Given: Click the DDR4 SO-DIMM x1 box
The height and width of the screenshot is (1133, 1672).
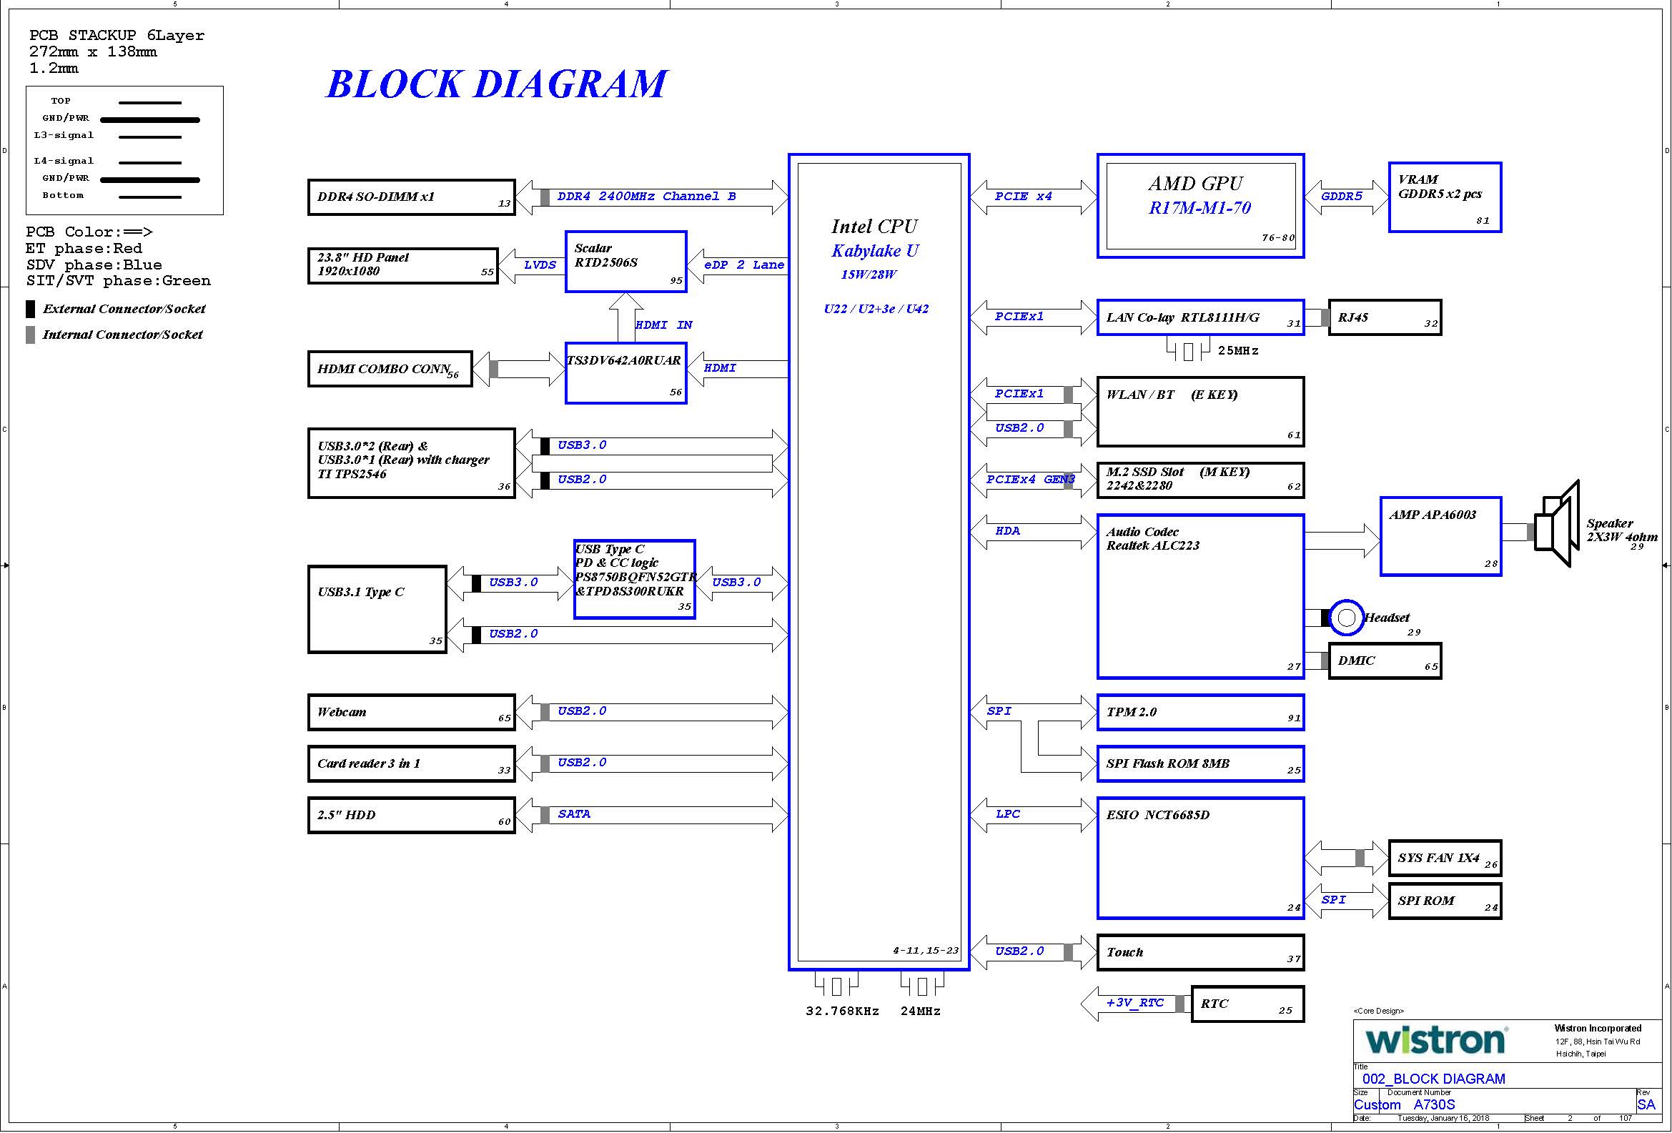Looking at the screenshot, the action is (x=412, y=197).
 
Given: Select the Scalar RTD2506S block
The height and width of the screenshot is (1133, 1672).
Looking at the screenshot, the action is (x=626, y=262).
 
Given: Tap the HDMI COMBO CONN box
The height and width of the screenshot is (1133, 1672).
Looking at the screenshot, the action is (x=390, y=369).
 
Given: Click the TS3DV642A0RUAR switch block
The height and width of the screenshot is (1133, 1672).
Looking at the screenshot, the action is (x=626, y=373).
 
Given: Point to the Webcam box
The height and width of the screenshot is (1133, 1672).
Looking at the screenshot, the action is (x=412, y=712).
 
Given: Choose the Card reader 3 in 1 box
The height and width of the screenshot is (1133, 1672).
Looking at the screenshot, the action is (x=412, y=763).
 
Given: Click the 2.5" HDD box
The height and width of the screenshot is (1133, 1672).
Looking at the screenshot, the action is (x=412, y=815).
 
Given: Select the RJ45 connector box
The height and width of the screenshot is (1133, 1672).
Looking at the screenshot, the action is (x=1385, y=317).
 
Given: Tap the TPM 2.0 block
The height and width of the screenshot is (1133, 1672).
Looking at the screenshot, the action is (x=1201, y=712).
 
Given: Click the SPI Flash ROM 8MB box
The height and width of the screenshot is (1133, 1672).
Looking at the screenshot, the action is (x=1201, y=763).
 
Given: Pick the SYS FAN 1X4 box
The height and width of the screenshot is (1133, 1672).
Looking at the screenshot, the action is (x=1445, y=859).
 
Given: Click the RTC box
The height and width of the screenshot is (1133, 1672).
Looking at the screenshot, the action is (x=1247, y=1004).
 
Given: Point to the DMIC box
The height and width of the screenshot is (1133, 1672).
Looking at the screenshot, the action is (x=1385, y=661).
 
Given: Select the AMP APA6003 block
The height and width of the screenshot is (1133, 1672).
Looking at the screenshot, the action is (x=1441, y=537).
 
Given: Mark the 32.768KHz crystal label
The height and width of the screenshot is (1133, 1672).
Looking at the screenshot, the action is (x=843, y=1011).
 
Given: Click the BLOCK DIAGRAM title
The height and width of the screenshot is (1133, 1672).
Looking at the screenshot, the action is (x=496, y=84).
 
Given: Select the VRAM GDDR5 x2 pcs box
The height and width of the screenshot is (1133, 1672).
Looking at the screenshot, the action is (x=1445, y=198).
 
